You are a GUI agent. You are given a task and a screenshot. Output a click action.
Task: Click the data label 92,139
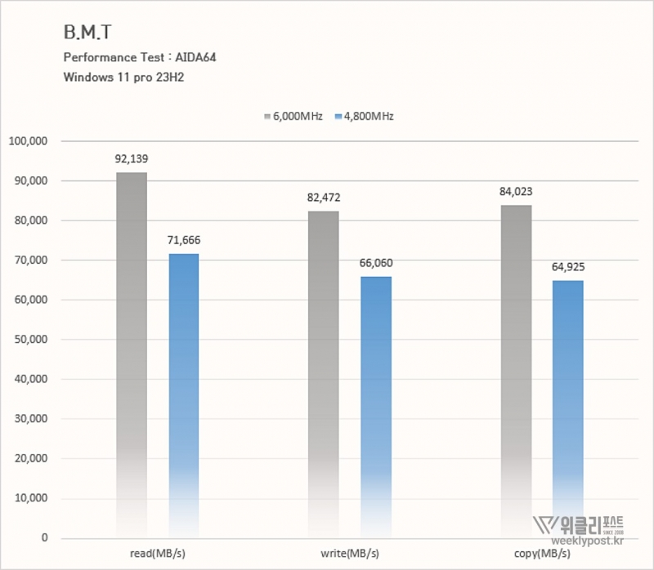coord(131,158)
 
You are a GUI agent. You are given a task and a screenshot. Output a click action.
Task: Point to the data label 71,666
coord(183,240)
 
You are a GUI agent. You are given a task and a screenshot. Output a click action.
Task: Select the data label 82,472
coord(323,198)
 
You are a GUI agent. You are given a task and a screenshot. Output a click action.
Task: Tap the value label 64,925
coord(567,267)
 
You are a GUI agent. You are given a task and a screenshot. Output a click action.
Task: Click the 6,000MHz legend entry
coord(293,117)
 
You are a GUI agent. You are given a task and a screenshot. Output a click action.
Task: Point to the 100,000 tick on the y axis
coord(29,141)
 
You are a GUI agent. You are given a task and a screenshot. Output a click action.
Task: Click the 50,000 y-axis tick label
coord(31,340)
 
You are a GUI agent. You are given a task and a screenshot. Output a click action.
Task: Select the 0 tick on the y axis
coord(44,538)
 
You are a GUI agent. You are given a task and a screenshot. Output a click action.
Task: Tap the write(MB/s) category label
coord(350,554)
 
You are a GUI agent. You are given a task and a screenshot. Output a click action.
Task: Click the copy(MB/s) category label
coord(542,554)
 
